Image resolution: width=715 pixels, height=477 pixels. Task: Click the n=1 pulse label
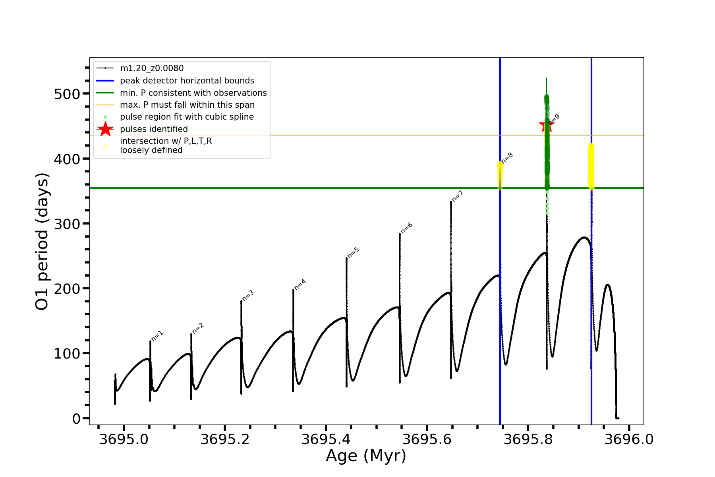157,336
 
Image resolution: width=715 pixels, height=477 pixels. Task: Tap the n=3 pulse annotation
248,296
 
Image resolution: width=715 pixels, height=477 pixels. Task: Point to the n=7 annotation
458,196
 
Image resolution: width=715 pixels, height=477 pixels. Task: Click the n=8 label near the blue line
507,158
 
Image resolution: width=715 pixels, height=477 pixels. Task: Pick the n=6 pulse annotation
406,228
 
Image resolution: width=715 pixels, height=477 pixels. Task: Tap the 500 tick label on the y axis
67,94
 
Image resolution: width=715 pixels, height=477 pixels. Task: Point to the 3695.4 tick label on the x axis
326,439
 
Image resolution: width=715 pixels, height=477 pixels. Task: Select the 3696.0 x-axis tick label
629,439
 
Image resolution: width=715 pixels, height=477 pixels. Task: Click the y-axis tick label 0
76,419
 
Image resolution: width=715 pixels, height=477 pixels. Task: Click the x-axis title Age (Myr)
366,456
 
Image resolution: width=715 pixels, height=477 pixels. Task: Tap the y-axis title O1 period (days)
42,241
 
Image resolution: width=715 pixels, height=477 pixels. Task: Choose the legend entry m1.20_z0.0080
152,68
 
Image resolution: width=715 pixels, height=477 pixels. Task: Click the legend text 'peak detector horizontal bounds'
187,81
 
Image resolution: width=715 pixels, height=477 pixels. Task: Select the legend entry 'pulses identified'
154,129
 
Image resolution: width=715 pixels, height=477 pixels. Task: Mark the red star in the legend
105,129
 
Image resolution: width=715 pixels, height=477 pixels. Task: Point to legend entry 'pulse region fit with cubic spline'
187,117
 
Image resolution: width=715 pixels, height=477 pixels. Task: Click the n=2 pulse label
198,328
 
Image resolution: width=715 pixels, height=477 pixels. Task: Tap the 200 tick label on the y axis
67,289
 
